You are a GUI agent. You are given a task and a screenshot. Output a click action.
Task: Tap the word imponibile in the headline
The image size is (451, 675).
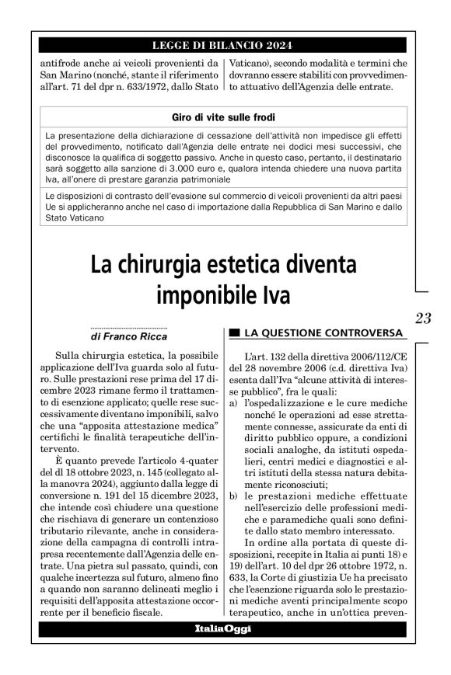(205, 295)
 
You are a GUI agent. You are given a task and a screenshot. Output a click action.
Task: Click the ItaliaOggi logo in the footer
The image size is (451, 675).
(223, 628)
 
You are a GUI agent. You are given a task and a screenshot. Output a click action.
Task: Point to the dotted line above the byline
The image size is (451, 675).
(129, 328)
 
